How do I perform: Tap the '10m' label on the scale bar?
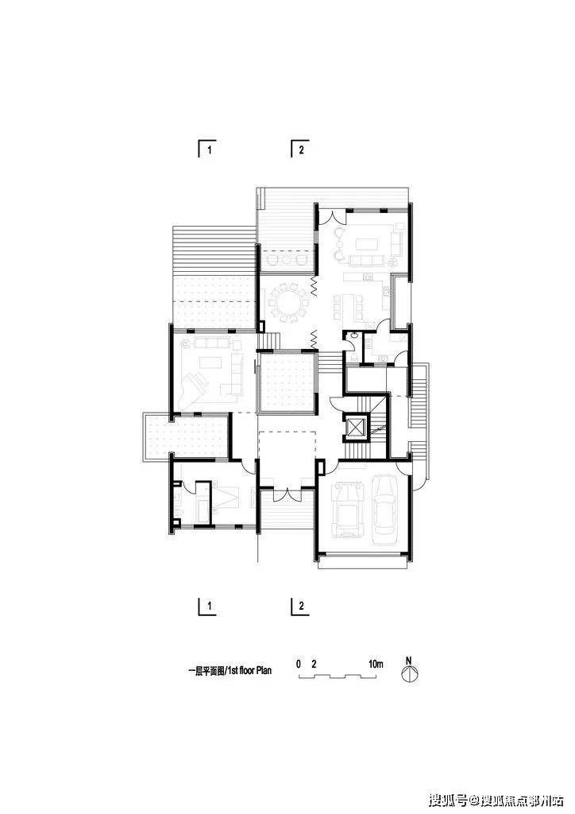376,664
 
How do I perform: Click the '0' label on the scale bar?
298,664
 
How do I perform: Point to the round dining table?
286,301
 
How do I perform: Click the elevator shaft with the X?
357,427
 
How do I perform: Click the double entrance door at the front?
287,494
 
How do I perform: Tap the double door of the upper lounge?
332,216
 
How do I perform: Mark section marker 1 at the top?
206,149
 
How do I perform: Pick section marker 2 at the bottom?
299,607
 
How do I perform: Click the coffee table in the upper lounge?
367,243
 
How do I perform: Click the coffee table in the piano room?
208,362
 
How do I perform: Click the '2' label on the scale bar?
314,664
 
